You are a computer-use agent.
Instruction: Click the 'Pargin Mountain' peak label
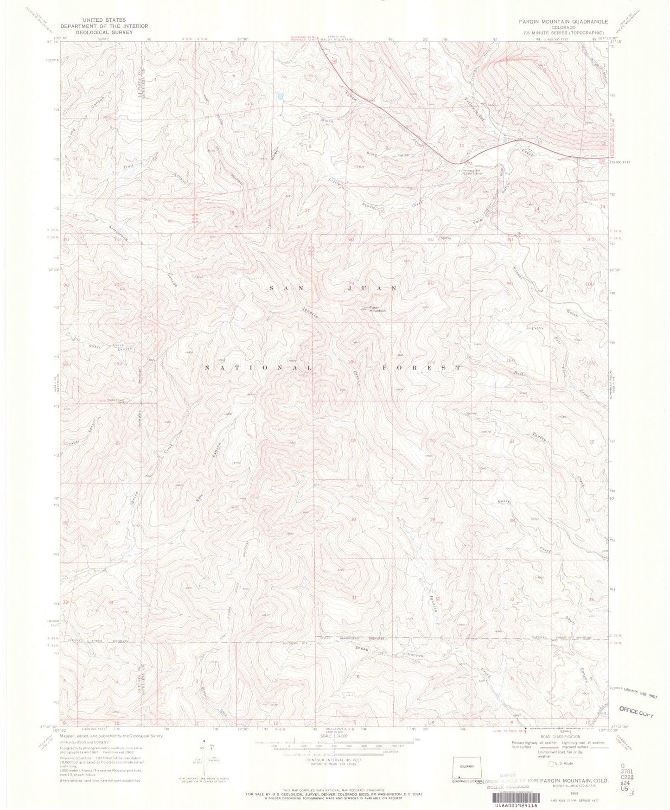coord(376,308)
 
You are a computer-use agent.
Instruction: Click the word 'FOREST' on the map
coord(421,367)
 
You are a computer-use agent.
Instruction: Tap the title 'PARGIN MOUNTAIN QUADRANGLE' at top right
coord(562,21)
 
